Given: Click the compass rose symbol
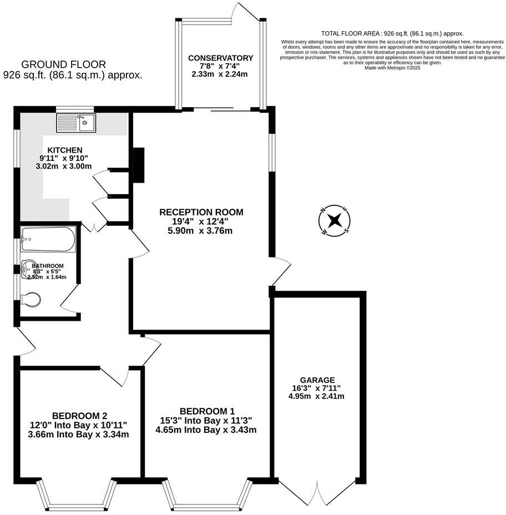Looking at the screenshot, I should (x=335, y=220).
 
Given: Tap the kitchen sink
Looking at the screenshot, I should (x=76, y=122).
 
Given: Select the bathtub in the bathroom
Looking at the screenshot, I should (x=48, y=239).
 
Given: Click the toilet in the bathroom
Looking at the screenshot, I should (x=32, y=300).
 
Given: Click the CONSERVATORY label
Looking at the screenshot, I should (x=220, y=58).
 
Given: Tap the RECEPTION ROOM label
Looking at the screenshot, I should (x=201, y=212).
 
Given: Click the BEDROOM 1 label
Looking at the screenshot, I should (x=206, y=411).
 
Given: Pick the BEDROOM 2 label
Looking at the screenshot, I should (x=79, y=416).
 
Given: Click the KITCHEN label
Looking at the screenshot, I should (x=65, y=150).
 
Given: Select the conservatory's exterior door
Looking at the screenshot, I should (x=244, y=12).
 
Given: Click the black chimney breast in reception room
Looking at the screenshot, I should (x=139, y=165).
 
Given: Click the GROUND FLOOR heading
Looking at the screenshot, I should (x=63, y=65).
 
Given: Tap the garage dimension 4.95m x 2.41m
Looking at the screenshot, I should (x=316, y=396).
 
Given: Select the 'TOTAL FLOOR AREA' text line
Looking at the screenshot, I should (x=392, y=34).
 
